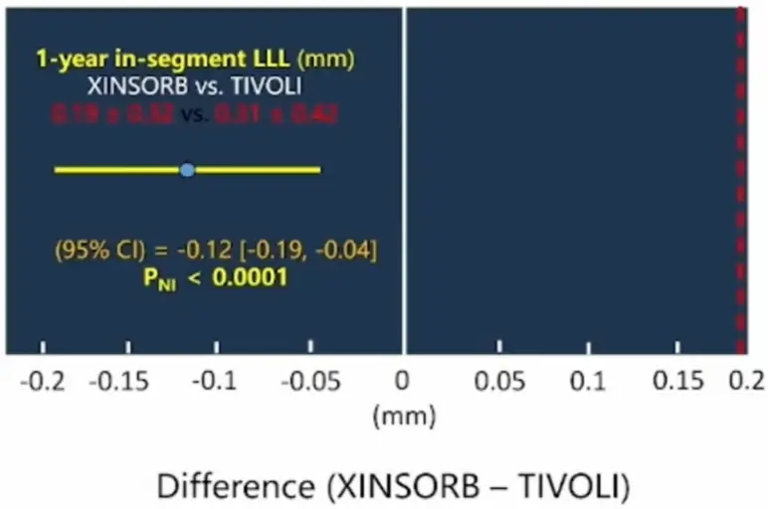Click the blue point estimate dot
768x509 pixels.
(x=187, y=170)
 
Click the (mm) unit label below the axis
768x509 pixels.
(x=404, y=417)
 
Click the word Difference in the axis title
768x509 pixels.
(x=233, y=486)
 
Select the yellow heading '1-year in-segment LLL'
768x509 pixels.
(x=163, y=59)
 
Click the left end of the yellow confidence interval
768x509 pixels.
(x=56, y=170)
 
